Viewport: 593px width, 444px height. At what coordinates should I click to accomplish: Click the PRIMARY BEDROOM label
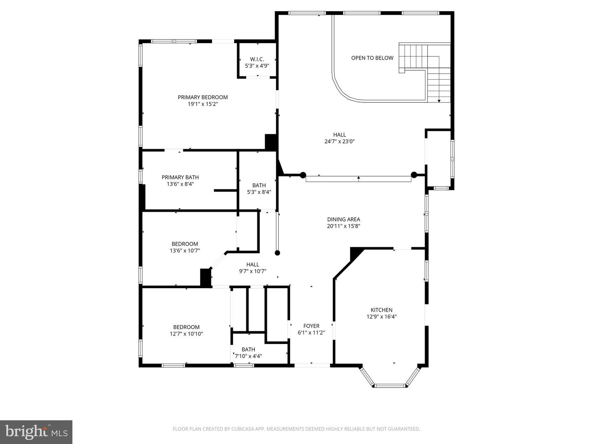(x=203, y=97)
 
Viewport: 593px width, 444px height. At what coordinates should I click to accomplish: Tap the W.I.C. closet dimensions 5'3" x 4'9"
(x=257, y=66)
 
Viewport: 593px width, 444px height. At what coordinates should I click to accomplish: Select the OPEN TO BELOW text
(x=372, y=58)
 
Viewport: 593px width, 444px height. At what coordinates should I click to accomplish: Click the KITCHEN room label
(x=381, y=310)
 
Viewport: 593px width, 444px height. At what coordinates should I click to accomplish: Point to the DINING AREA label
(x=343, y=220)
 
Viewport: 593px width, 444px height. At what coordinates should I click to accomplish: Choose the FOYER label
(x=311, y=326)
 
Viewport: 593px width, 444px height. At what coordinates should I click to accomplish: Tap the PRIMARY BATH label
(x=180, y=178)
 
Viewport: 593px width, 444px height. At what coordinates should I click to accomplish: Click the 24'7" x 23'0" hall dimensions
(x=339, y=141)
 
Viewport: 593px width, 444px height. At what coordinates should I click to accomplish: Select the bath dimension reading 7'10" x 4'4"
(x=248, y=356)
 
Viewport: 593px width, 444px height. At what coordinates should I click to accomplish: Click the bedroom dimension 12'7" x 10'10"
(x=186, y=334)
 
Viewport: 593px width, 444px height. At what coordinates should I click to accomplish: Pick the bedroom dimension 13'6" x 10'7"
(x=185, y=250)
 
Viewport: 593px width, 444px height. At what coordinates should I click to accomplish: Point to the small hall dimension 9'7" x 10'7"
(x=252, y=271)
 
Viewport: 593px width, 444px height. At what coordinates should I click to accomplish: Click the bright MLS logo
(x=36, y=432)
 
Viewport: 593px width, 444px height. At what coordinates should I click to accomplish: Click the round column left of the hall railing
(x=303, y=175)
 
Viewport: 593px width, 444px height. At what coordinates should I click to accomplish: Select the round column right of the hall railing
(x=414, y=175)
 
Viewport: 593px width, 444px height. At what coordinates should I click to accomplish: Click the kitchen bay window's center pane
(x=390, y=386)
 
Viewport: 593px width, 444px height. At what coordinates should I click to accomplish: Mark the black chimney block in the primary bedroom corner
(x=271, y=142)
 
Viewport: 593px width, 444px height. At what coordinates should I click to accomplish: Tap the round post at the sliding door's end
(x=278, y=253)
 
